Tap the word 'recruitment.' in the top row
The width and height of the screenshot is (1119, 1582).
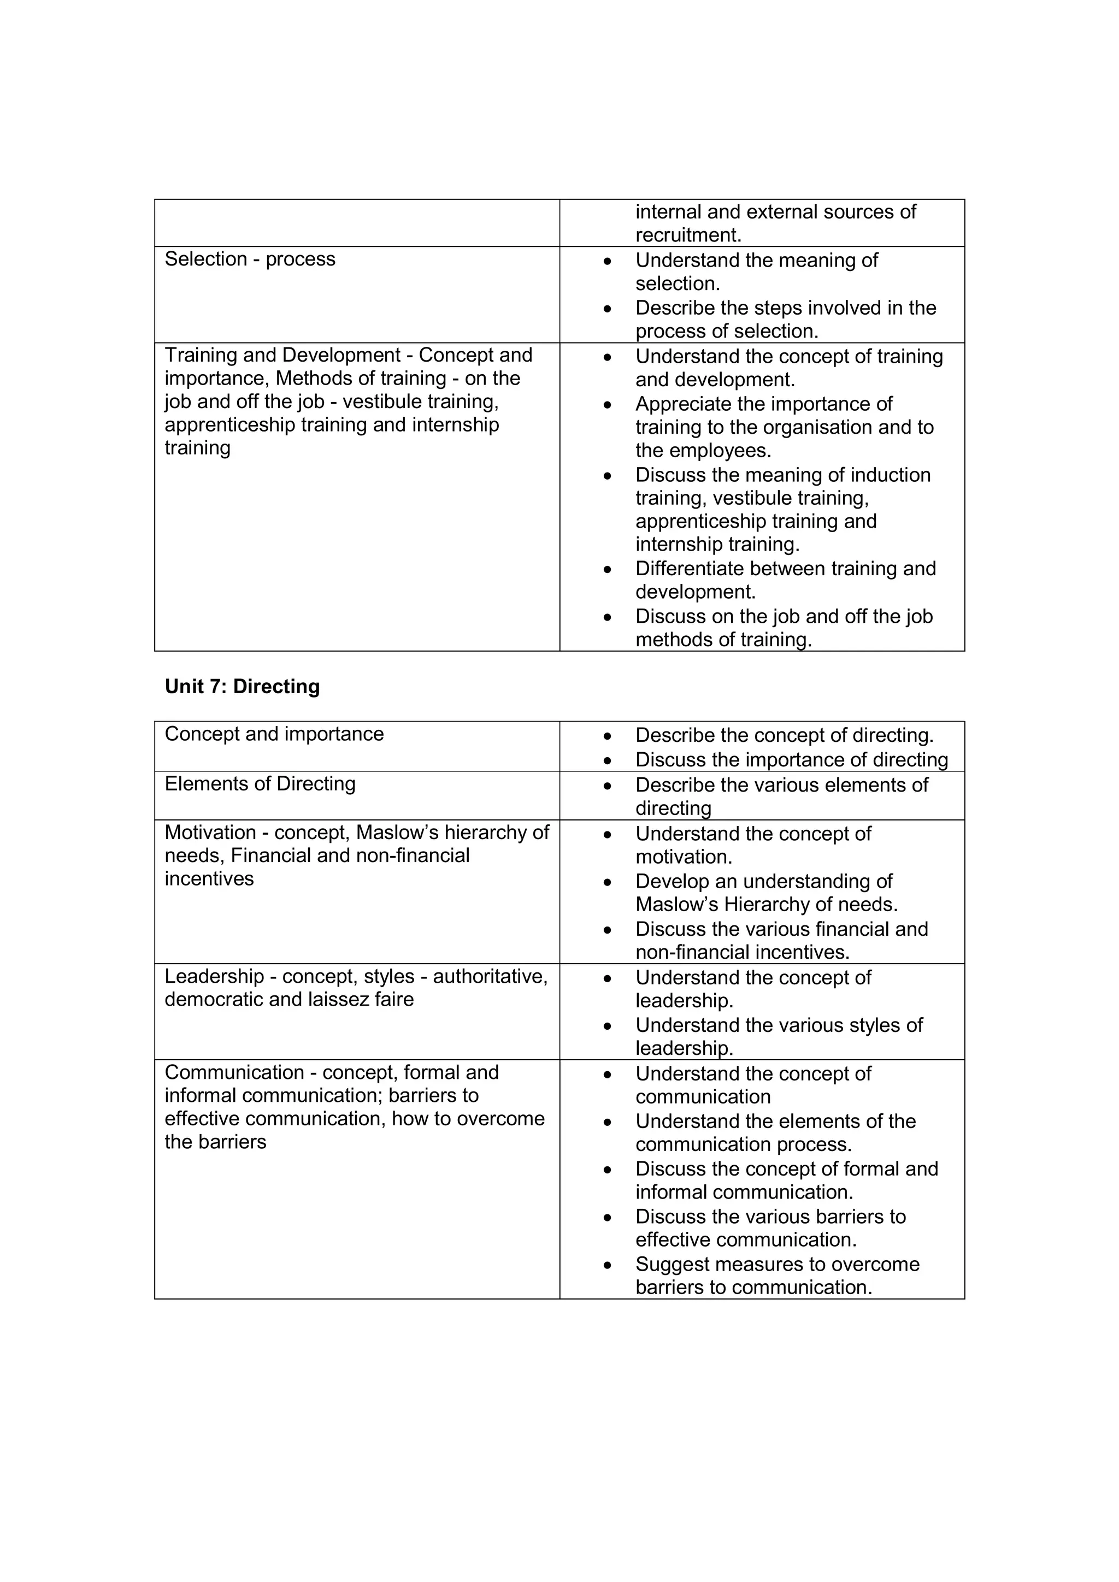pyautogui.click(x=688, y=235)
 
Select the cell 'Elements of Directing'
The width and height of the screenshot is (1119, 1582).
pyautogui.click(x=260, y=783)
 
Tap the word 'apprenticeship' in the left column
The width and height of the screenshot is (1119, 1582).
pyautogui.click(x=230, y=424)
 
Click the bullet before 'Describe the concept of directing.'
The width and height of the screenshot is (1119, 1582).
pyautogui.click(x=607, y=736)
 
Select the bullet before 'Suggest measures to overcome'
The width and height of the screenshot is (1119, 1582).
pyautogui.click(x=607, y=1266)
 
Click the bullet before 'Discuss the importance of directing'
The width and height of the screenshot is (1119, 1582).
pyautogui.click(x=607, y=761)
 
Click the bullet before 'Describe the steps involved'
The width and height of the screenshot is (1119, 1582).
pyautogui.click(x=607, y=309)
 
